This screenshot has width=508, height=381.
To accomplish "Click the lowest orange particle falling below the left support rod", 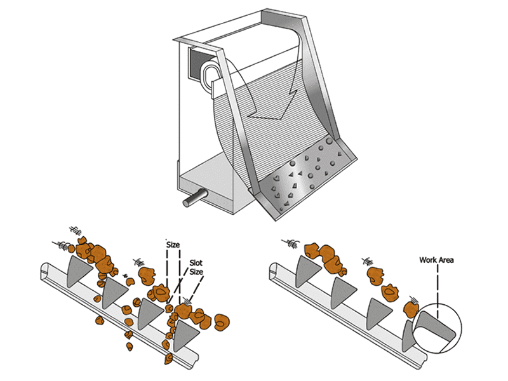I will coord(169,360).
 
